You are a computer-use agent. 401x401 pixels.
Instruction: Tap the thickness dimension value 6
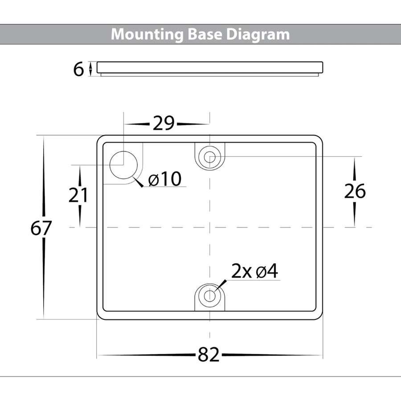click(x=78, y=70)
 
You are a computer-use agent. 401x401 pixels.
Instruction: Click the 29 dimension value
click(x=163, y=123)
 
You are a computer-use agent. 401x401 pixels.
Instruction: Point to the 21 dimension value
click(x=78, y=196)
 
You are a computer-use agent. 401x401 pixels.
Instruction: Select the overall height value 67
click(x=42, y=228)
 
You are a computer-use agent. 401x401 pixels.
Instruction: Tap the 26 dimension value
click(x=355, y=191)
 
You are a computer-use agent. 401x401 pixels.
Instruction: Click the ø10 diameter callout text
click(x=165, y=180)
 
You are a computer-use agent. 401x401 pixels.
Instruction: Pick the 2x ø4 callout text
click(x=255, y=271)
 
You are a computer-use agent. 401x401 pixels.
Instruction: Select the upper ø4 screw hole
click(x=210, y=156)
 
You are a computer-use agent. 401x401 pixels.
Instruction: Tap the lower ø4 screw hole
click(x=210, y=295)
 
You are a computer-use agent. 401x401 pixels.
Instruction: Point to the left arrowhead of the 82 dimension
click(x=101, y=355)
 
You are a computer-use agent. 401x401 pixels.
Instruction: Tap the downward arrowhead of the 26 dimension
click(x=355, y=223)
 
